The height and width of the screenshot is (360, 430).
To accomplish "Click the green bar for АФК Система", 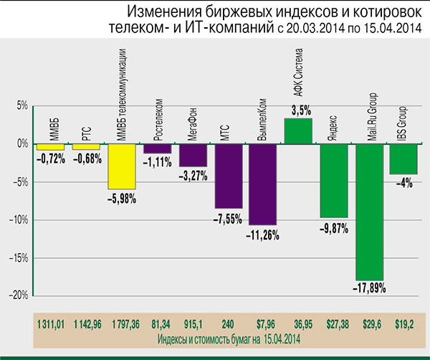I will (298, 130).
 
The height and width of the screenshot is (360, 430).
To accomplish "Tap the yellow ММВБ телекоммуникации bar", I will (122, 166).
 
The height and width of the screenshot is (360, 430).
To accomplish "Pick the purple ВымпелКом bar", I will (262, 184).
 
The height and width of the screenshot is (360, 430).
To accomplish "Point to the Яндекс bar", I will (334, 180).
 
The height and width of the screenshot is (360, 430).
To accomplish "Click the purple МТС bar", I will (228, 176).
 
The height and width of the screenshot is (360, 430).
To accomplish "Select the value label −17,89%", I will (370, 287).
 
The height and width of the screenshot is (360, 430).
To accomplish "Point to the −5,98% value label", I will (122, 197).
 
